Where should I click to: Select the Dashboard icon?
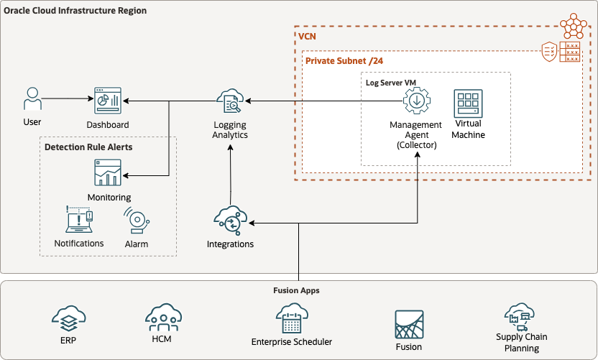coord(108,102)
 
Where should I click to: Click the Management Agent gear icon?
coord(416,102)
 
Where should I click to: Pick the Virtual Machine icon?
coord(468,103)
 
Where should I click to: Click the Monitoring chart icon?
coord(108,173)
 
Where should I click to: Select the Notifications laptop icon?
coord(79,221)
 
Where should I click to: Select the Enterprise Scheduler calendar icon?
coord(291,318)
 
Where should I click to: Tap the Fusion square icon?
coord(409,325)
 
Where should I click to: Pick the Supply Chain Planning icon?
coord(521,316)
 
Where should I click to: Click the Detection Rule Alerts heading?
coord(88,147)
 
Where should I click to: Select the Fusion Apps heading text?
coord(296,291)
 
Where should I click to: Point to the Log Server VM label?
coord(391,83)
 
